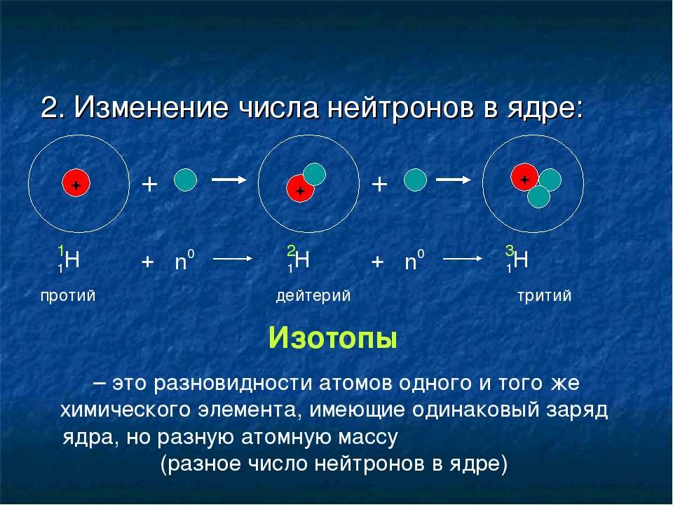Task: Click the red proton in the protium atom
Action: tap(76, 183)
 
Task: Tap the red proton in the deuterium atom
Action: tap(300, 188)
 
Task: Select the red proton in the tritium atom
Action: tap(524, 177)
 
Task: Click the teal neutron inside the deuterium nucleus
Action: tap(314, 174)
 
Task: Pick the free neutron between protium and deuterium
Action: tap(185, 180)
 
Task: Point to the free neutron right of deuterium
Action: tap(416, 180)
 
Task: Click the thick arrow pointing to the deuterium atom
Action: tap(229, 180)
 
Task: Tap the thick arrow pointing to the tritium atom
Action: tap(454, 180)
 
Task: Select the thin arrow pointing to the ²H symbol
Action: tap(233, 259)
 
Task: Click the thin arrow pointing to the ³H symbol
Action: tap(463, 259)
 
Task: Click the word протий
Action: tap(68, 296)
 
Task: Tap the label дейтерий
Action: tap(313, 296)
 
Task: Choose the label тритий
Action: tap(544, 296)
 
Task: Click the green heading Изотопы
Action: tap(332, 338)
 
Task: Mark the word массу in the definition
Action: tap(368, 438)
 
